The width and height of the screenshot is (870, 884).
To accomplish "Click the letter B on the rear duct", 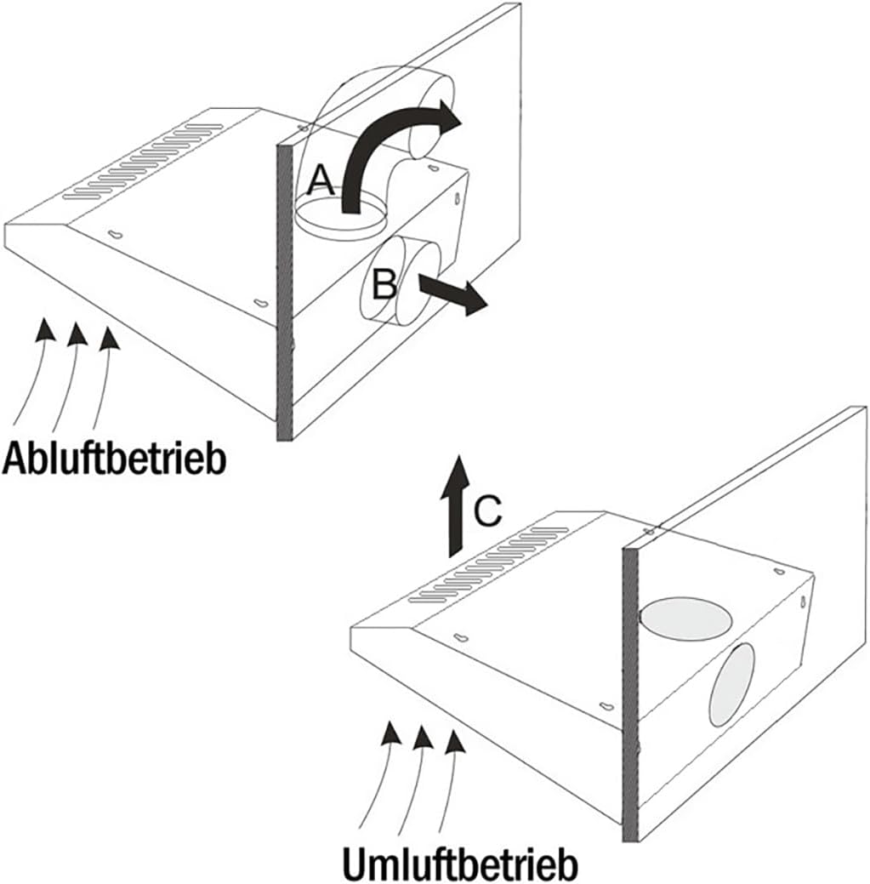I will point(384,284).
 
